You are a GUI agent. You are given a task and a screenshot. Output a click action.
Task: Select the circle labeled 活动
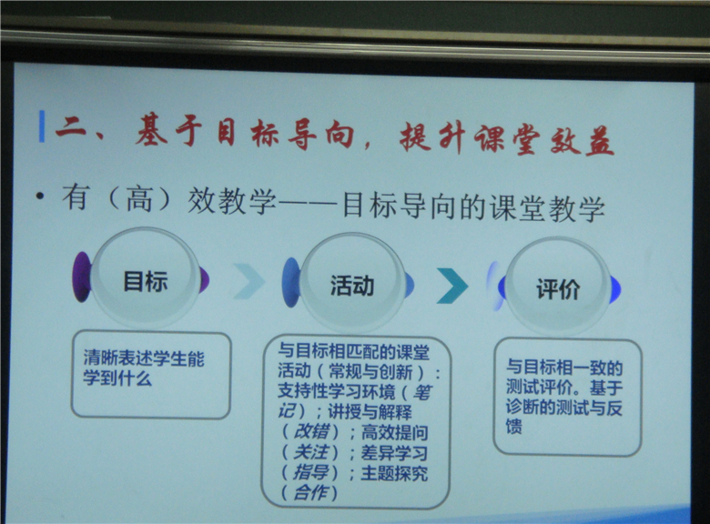(352, 284)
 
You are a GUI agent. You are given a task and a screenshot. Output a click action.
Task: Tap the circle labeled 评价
(558, 287)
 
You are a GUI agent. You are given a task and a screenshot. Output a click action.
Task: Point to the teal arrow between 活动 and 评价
(451, 285)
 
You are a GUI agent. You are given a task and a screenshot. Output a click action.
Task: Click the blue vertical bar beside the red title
(42, 126)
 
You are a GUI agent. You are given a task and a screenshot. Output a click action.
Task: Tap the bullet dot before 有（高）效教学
(40, 196)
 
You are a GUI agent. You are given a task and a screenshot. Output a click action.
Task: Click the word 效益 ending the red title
(582, 139)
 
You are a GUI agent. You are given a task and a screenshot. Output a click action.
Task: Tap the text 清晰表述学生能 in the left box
(144, 358)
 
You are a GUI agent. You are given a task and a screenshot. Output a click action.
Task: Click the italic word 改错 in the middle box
(311, 431)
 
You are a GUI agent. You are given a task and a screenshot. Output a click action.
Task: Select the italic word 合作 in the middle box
(310, 492)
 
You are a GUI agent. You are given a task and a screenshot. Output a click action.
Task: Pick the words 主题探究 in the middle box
(394, 473)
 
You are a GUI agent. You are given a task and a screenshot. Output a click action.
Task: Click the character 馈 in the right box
(514, 426)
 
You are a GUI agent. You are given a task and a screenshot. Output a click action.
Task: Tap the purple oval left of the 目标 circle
(82, 277)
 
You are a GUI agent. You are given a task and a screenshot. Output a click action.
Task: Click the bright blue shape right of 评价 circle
(615, 289)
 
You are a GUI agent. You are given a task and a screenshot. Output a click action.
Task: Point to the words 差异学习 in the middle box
(394, 452)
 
